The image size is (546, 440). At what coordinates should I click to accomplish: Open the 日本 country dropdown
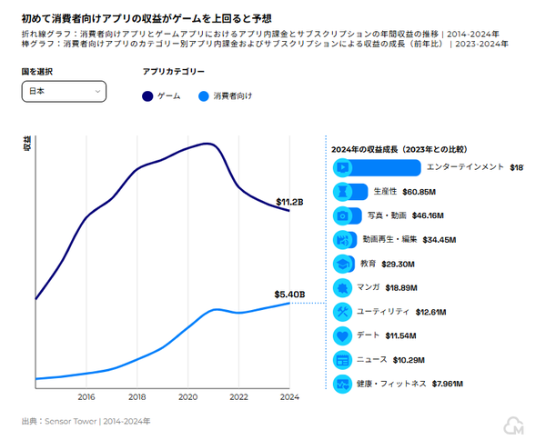(x=64, y=91)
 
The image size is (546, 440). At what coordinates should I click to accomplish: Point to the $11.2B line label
(x=289, y=202)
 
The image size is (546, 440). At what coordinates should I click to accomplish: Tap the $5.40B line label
(x=288, y=295)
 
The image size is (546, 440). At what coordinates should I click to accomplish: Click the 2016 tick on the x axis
(x=86, y=397)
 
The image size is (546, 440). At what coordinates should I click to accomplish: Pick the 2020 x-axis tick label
(x=188, y=397)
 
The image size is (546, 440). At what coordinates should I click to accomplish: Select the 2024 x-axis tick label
(x=289, y=397)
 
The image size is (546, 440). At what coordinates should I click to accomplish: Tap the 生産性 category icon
(x=343, y=192)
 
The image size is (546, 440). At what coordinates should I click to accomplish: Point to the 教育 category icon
(x=343, y=264)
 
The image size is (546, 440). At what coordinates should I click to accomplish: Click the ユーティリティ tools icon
(x=343, y=312)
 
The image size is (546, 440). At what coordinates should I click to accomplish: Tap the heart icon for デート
(x=343, y=335)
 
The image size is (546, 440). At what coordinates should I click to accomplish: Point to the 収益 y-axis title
(x=26, y=144)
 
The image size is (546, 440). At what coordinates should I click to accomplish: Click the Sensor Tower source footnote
(x=86, y=422)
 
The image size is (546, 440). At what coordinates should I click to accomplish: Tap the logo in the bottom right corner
(x=514, y=425)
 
